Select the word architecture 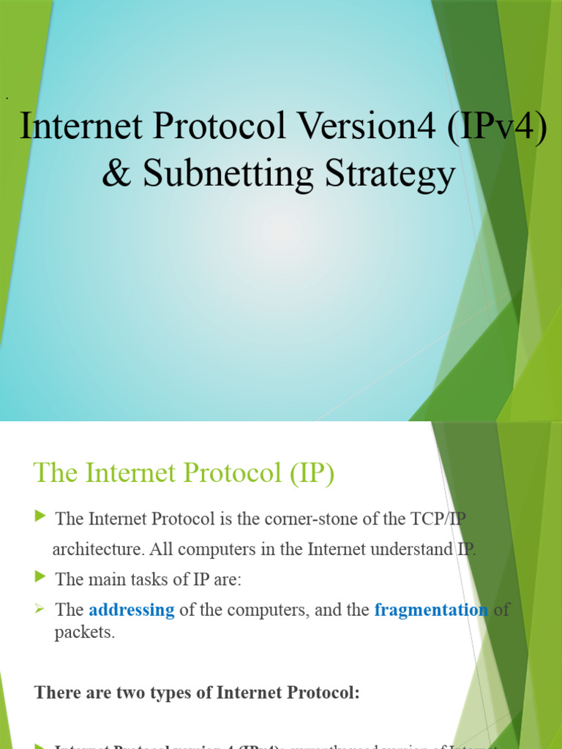[95, 549]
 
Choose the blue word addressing [132, 610]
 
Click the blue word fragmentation [431, 610]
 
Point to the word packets [84, 633]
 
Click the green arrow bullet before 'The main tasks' [40, 578]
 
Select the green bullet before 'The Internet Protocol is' [40, 518]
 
